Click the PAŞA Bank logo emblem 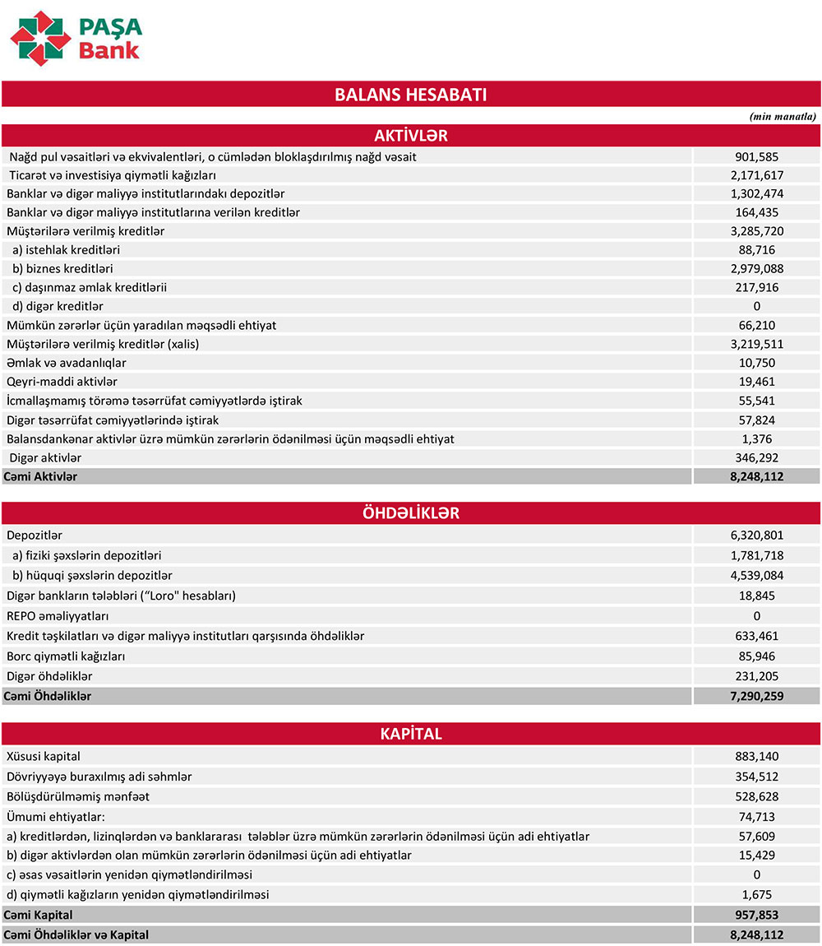[39, 38]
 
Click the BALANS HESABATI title [410, 95]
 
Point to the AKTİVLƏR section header [410, 136]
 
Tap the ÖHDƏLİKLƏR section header [410, 513]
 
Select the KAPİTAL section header [410, 734]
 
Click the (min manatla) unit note [783, 116]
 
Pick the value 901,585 [756, 156]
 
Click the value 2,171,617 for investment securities [756, 175]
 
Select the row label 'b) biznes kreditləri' [62, 269]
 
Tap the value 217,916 [756, 288]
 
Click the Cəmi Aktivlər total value [756, 476]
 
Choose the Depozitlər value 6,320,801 [756, 536]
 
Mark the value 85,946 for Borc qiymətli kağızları [756, 656]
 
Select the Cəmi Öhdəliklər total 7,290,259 [756, 697]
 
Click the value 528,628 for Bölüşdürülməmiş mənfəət [756, 796]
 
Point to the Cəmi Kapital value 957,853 [756, 915]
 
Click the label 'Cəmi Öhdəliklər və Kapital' [78, 934]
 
